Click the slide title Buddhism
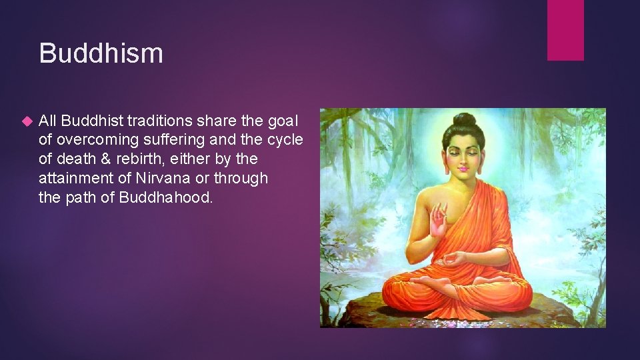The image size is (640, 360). (101, 53)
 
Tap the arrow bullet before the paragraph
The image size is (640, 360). (27, 121)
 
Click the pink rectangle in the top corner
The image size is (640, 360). (565, 30)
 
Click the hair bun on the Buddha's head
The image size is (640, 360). (465, 121)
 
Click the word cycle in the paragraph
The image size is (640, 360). (285, 140)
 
